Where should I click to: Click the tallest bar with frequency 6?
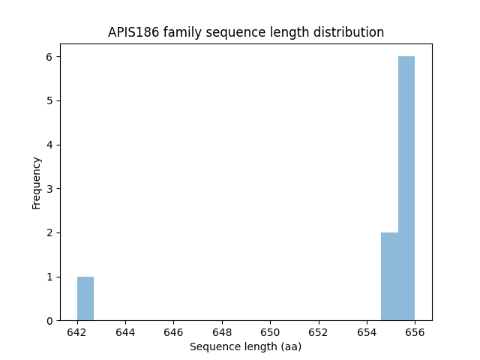[x=406, y=188]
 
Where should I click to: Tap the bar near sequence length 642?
[x=85, y=298]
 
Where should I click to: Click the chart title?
[x=246, y=32]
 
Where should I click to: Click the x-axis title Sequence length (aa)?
[x=245, y=346]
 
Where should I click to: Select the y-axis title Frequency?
[x=37, y=182]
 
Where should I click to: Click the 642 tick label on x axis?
[x=77, y=332]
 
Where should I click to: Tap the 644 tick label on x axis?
[x=125, y=332]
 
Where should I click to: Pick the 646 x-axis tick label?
[x=173, y=332]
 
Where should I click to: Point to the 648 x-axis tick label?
[x=222, y=332]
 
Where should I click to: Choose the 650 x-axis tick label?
[x=270, y=332]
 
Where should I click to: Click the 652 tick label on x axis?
[x=318, y=332]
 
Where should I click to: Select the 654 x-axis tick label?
[x=367, y=332]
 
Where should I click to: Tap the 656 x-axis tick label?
[x=415, y=332]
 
